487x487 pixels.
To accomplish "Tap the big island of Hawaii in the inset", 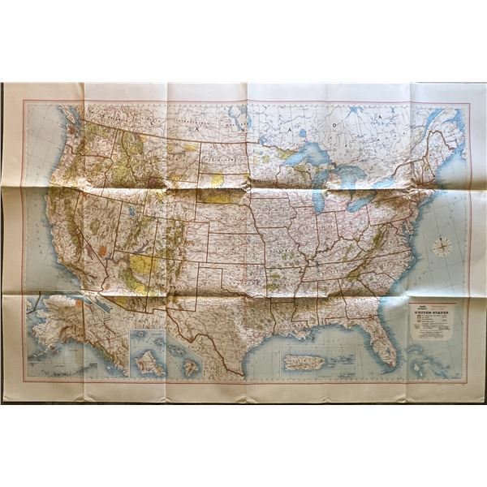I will (191, 367).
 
